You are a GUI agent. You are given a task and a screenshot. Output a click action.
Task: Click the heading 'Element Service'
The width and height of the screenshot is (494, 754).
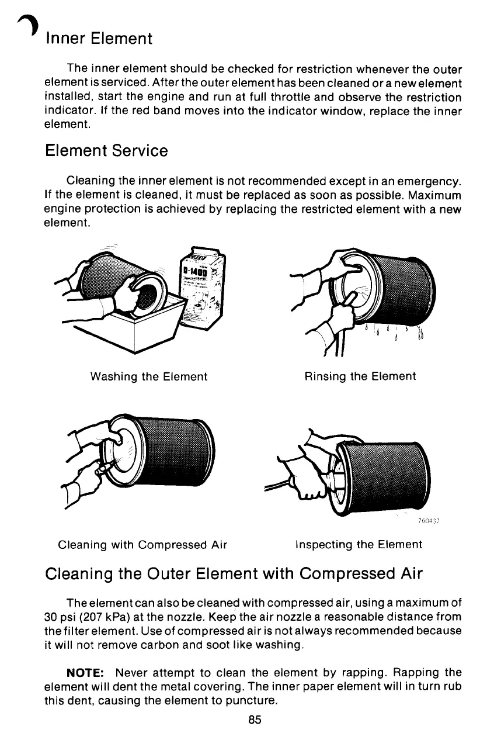106,151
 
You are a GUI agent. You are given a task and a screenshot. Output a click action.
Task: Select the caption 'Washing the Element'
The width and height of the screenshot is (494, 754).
149,377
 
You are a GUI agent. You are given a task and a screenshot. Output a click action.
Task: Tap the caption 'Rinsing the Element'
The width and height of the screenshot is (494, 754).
360,376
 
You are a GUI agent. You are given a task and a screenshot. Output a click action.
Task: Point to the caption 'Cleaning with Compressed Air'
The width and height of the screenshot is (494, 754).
142,545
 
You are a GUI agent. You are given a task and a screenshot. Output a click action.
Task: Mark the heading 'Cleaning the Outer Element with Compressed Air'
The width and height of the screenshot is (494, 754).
233,574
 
